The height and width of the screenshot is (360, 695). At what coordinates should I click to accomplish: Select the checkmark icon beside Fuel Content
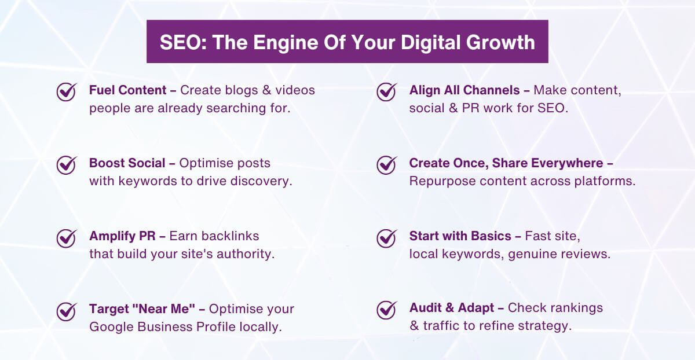[x=67, y=91]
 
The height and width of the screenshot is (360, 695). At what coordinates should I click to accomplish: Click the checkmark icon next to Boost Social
[x=67, y=164]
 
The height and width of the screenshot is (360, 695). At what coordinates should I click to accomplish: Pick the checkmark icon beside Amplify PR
[x=67, y=237]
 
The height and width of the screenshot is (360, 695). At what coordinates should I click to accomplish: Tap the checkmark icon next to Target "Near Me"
[x=67, y=310]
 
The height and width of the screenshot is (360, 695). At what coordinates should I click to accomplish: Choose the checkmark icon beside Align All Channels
[x=386, y=91]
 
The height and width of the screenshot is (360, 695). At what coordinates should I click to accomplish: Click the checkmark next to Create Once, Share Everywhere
[x=386, y=164]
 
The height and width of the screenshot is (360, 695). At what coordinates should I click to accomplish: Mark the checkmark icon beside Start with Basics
[x=386, y=237]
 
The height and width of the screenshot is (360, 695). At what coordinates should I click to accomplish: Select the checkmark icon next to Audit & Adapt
[x=386, y=310]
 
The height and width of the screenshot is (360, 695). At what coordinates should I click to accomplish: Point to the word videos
[x=295, y=90]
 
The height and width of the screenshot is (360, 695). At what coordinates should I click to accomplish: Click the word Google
[x=109, y=326]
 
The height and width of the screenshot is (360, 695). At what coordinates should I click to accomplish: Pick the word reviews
[x=589, y=254]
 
